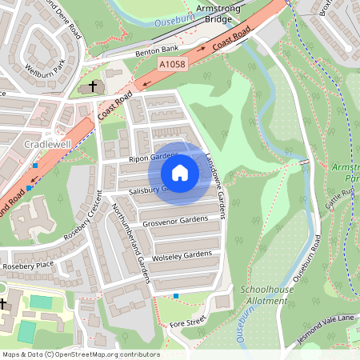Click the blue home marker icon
(180, 173)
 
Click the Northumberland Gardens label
(127, 235)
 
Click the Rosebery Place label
(28, 266)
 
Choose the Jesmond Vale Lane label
(328, 319)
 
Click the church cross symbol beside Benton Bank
(93, 85)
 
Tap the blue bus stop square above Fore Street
(176, 296)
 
